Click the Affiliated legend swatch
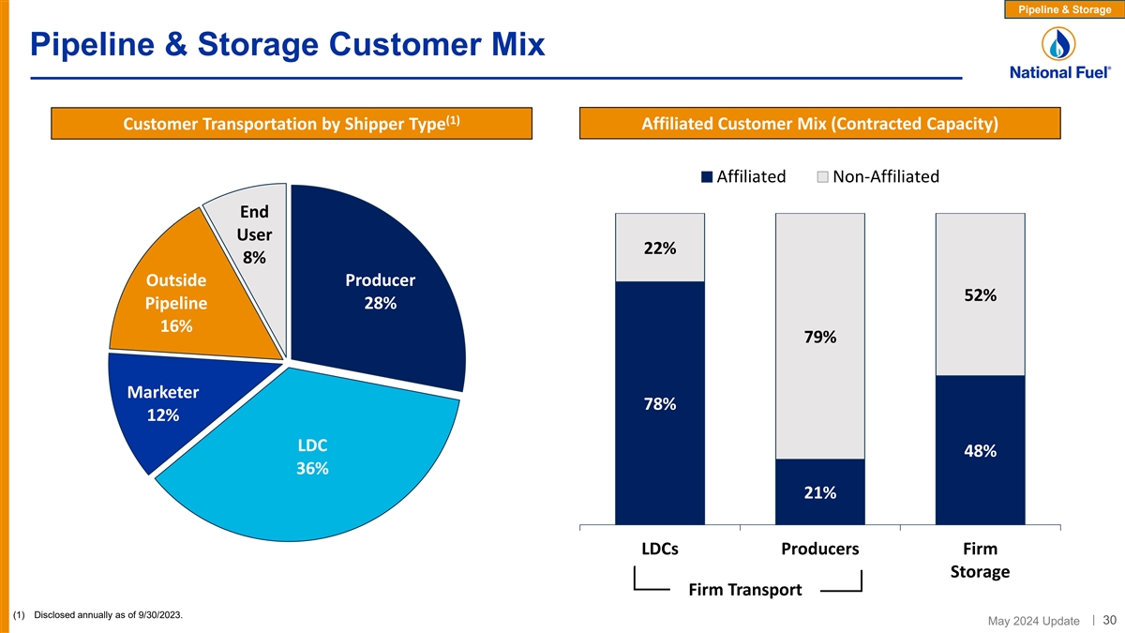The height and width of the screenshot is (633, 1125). [708, 177]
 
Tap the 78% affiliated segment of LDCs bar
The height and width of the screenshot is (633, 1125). [659, 403]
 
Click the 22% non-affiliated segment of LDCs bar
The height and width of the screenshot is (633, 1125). [659, 248]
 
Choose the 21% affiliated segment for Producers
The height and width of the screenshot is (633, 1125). [819, 492]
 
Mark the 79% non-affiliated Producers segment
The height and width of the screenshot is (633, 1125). [819, 336]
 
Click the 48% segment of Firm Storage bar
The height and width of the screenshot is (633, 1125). [980, 450]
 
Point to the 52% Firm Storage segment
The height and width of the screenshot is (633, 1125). [980, 294]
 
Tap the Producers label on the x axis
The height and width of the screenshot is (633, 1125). [819, 549]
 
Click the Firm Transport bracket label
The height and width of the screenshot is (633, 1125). [745, 590]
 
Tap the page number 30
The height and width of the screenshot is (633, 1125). [1109, 619]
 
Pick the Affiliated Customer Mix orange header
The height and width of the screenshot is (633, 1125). [820, 124]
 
